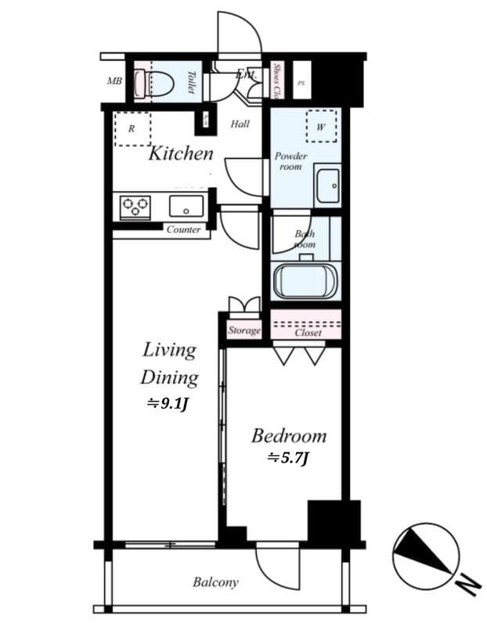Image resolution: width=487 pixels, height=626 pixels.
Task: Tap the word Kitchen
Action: (181, 153)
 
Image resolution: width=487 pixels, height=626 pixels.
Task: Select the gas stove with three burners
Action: (135, 207)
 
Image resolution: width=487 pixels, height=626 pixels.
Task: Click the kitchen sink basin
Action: (186, 207)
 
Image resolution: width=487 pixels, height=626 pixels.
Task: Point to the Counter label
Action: (183, 230)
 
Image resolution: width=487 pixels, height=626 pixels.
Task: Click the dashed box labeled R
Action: (132, 128)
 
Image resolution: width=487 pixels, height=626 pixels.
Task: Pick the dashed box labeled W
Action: (321, 126)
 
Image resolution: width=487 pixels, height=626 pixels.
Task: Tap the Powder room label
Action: (290, 161)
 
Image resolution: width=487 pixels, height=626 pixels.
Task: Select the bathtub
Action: (305, 282)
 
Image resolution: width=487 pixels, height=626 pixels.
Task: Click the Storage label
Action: (244, 331)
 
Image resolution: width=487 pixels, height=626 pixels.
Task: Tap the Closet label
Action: (308, 333)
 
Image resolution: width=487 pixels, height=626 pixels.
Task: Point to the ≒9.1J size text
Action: (168, 405)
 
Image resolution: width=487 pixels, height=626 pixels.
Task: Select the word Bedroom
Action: (288, 436)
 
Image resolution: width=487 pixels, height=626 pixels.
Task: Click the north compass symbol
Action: (427, 558)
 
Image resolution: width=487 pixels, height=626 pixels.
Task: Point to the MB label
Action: (114, 81)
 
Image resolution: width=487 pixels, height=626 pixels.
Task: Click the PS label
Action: (301, 82)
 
